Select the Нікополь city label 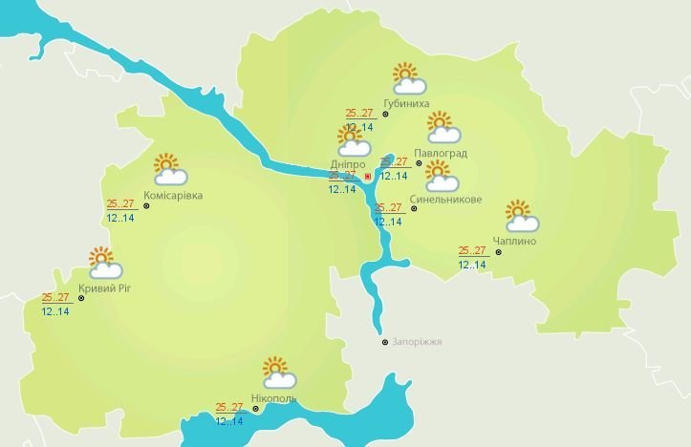tap(273, 398)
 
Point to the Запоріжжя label tap(418, 342)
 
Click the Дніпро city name tap(347, 164)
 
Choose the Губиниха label tap(405, 103)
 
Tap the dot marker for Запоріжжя tap(384, 342)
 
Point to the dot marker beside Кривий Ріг tap(81, 298)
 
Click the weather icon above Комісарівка tap(169, 169)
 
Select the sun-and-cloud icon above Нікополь tap(276, 372)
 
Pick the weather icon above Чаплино tap(521, 217)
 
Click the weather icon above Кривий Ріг tap(101, 262)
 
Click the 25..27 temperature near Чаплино tap(472, 250)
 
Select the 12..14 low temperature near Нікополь tap(229, 421)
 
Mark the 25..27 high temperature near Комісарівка tap(121, 203)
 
